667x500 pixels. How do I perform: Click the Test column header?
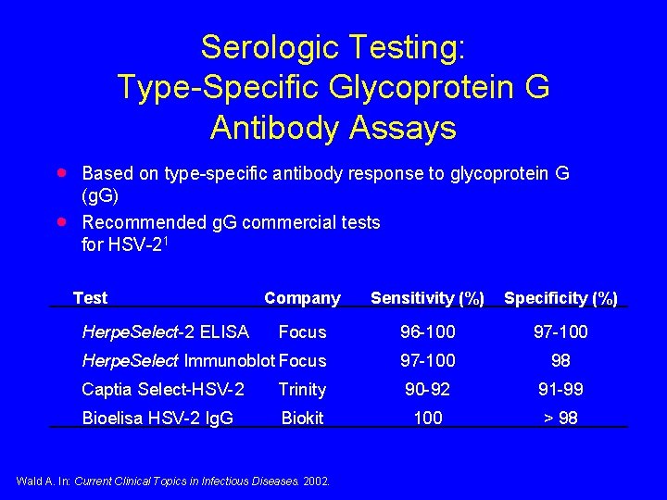pyautogui.click(x=90, y=298)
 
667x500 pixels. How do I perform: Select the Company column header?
pyautogui.click(x=302, y=298)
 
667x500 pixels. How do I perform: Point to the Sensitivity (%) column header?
pyautogui.click(x=427, y=298)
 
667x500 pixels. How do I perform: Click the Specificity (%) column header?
pyautogui.click(x=560, y=298)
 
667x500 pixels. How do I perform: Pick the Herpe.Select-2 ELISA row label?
pyautogui.click(x=166, y=331)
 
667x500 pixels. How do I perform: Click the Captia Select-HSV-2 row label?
pyautogui.click(x=163, y=390)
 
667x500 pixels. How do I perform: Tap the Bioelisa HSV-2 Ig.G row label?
pyautogui.click(x=157, y=419)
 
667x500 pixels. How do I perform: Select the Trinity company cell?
pyautogui.click(x=302, y=390)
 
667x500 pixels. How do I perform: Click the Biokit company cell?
pyautogui.click(x=302, y=419)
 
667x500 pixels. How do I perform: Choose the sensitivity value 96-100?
pyautogui.click(x=428, y=331)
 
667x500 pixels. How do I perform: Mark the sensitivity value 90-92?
pyautogui.click(x=428, y=390)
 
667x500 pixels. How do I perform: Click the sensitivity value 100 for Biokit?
pyautogui.click(x=428, y=419)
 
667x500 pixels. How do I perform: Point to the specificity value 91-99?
pyautogui.click(x=560, y=390)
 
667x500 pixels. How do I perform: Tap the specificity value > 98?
pyautogui.click(x=560, y=419)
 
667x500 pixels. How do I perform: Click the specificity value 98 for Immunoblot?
pyautogui.click(x=560, y=360)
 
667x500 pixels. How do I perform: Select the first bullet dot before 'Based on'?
pyautogui.click(x=61, y=172)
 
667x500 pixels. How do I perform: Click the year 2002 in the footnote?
pyautogui.click(x=315, y=480)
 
